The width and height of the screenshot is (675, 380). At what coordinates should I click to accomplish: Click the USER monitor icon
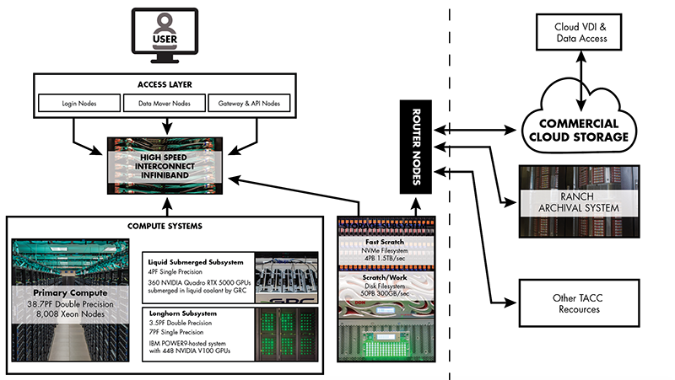click(165, 35)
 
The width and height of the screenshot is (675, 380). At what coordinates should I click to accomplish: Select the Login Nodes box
click(79, 103)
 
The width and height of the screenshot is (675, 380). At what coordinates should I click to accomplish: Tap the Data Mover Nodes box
click(164, 103)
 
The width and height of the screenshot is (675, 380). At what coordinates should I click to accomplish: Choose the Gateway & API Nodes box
click(249, 103)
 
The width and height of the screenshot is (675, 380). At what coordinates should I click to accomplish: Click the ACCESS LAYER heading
click(165, 85)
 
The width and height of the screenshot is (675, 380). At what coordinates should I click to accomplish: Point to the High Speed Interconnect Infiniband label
click(165, 166)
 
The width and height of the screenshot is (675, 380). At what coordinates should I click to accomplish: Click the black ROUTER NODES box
click(416, 147)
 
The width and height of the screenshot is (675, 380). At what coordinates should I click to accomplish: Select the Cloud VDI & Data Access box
click(579, 32)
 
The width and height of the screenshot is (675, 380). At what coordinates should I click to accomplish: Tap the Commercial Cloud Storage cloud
click(579, 120)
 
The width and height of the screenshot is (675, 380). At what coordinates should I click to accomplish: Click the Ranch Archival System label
click(579, 202)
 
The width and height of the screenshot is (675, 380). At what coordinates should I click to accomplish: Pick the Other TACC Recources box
click(579, 303)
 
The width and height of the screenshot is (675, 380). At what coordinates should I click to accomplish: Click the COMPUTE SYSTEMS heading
click(165, 226)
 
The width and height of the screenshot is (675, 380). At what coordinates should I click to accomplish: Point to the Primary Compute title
click(70, 293)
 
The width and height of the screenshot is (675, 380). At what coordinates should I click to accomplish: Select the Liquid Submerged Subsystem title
click(196, 262)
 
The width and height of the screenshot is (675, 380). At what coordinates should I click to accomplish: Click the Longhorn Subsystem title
click(183, 313)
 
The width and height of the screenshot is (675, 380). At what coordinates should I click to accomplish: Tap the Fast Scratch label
click(385, 242)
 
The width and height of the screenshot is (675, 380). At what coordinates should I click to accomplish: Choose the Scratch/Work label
click(385, 278)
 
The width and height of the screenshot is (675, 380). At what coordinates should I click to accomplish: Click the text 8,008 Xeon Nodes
click(70, 314)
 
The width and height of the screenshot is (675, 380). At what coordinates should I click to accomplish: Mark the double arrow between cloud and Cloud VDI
click(581, 81)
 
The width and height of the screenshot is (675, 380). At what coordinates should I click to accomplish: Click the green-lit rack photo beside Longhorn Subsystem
click(287, 334)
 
